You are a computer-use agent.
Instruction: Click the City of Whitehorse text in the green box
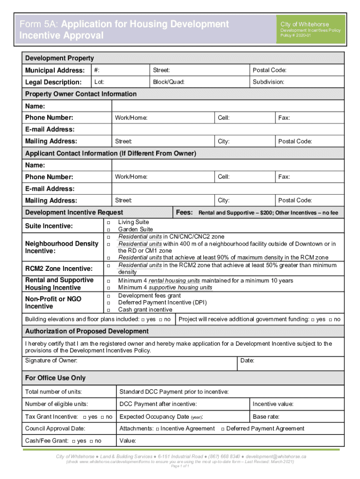[304, 24]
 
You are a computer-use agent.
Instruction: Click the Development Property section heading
[59, 58]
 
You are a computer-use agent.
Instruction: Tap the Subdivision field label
[268, 82]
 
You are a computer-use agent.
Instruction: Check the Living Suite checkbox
[108, 222]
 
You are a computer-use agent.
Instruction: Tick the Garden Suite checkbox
[108, 230]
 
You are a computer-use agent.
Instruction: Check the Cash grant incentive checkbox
[108, 310]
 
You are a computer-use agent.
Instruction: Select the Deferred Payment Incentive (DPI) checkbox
[108, 303]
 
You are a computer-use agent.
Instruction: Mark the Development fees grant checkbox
[108, 296]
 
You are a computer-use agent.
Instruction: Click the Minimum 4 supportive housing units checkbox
[108, 288]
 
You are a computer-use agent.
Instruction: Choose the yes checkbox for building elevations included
[143, 319]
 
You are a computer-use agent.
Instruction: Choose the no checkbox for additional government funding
[330, 319]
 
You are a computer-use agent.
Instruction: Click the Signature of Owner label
[51, 361]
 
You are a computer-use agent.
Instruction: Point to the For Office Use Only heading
[55, 378]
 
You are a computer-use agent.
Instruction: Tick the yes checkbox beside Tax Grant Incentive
[84, 417]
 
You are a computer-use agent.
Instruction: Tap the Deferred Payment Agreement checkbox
[223, 429]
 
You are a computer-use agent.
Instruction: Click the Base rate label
[266, 417]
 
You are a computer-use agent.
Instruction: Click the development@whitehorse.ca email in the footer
[276, 456]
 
